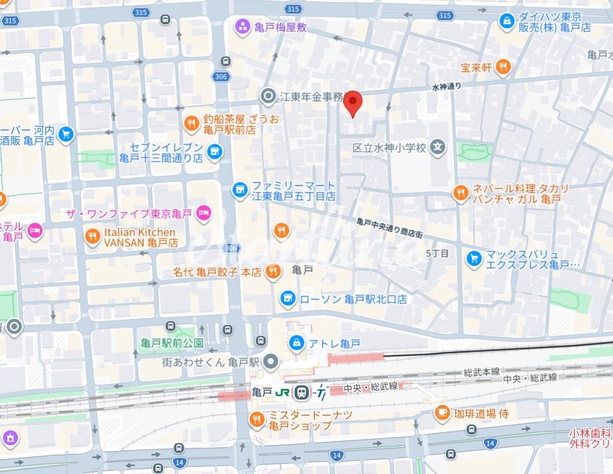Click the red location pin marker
353,103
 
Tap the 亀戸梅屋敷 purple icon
242,27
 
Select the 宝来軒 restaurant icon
504,66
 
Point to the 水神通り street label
446,87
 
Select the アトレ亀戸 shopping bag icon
295,343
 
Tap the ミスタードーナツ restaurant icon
256,420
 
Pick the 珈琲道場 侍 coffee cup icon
442,412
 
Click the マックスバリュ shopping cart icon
474,256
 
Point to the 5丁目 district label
437,253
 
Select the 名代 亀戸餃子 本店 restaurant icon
273,272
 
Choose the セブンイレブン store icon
214,152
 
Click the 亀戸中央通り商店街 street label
389,228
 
